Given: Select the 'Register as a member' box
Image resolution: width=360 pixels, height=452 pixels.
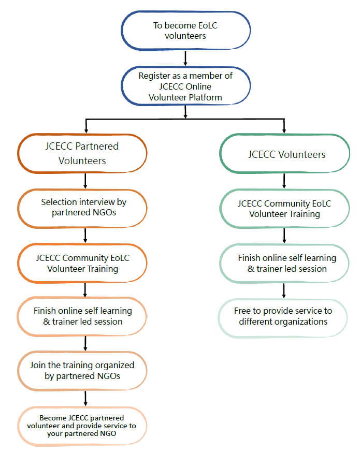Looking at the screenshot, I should pos(185,86).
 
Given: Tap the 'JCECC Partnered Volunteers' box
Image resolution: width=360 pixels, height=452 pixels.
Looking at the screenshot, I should pos(82,153).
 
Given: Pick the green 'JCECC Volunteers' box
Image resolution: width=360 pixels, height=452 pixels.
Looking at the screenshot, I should pos(286,154).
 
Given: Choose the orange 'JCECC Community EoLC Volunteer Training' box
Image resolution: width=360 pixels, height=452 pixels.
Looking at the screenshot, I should pos(83,264).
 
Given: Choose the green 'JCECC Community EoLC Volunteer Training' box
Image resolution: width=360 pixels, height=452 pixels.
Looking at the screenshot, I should pos(284,209).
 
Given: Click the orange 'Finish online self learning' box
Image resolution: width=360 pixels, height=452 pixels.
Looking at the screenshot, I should pos(83,316).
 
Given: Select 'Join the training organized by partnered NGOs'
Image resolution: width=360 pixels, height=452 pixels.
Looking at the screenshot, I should pos(82,371).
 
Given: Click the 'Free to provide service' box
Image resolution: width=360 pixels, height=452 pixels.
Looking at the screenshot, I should pos(283,316).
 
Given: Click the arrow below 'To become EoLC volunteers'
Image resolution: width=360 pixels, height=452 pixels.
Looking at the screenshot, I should pos(185,56).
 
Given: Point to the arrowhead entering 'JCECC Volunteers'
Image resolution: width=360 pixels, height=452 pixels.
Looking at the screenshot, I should pos(284,129).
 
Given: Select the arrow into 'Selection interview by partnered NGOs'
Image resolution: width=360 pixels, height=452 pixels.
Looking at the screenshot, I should pos(85,182).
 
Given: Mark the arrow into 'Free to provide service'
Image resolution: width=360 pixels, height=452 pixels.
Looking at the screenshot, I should pos(284,291).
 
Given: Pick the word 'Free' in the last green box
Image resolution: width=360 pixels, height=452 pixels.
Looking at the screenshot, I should pos(244,311).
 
